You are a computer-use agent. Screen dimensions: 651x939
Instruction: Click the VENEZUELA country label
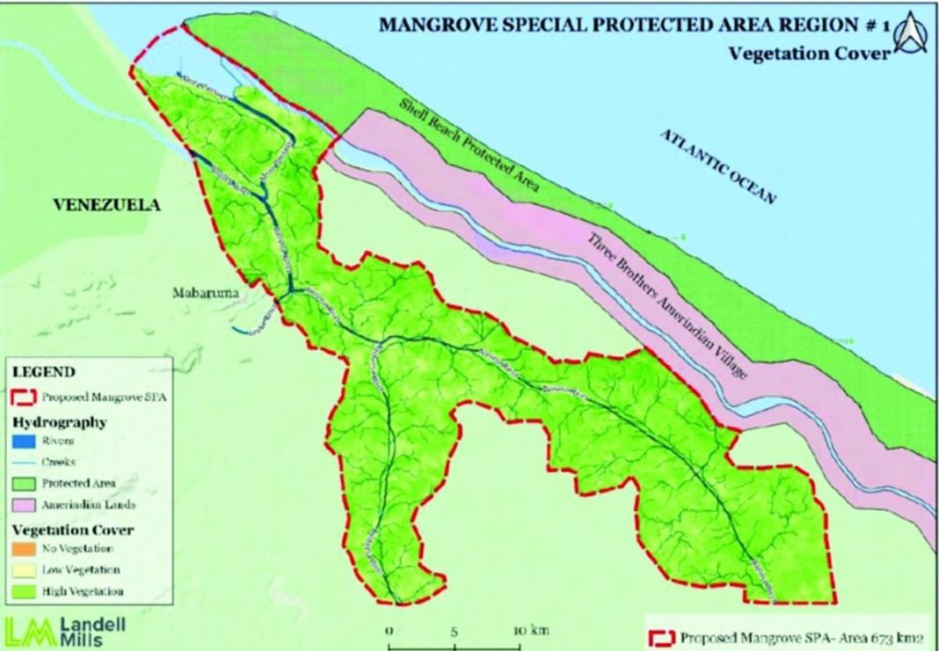pos(107,205)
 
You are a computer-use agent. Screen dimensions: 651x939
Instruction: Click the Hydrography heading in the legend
pos(60,421)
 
